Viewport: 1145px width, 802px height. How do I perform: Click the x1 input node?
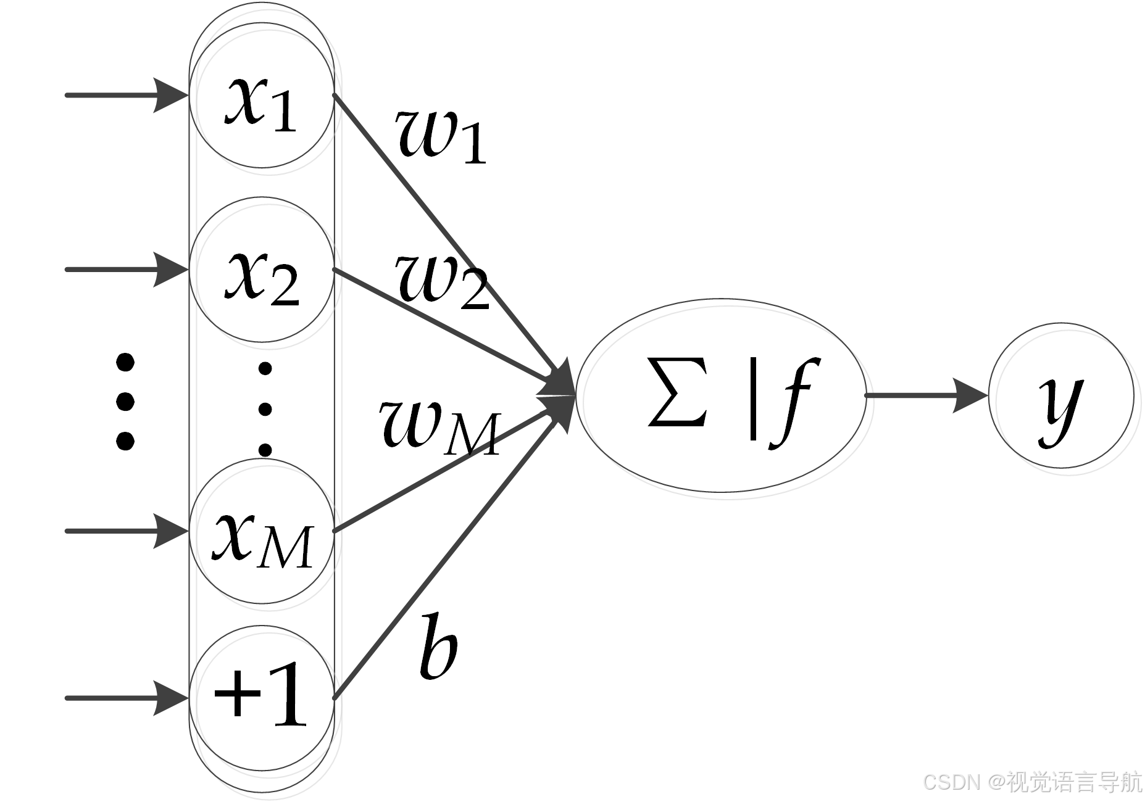tap(262, 96)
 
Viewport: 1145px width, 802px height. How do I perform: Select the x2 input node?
tap(262, 270)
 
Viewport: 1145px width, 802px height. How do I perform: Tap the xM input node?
tap(262, 531)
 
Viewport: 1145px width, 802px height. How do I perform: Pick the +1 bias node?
tap(262, 698)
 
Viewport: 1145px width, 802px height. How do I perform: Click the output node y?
tap(1061, 396)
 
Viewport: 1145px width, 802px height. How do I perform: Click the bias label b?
tap(438, 646)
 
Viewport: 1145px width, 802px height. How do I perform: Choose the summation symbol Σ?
tap(677, 393)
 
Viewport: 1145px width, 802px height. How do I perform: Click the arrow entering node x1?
tap(123, 96)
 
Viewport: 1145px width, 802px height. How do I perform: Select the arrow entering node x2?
tap(123, 270)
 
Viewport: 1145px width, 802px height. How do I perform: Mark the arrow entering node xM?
tap(123, 531)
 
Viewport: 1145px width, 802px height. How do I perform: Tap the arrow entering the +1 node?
tap(123, 698)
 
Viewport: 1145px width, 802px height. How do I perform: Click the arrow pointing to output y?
tap(926, 395)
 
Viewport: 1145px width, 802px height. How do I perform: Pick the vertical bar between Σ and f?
tap(752, 398)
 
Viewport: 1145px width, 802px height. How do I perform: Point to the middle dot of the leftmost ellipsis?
tap(125, 402)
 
